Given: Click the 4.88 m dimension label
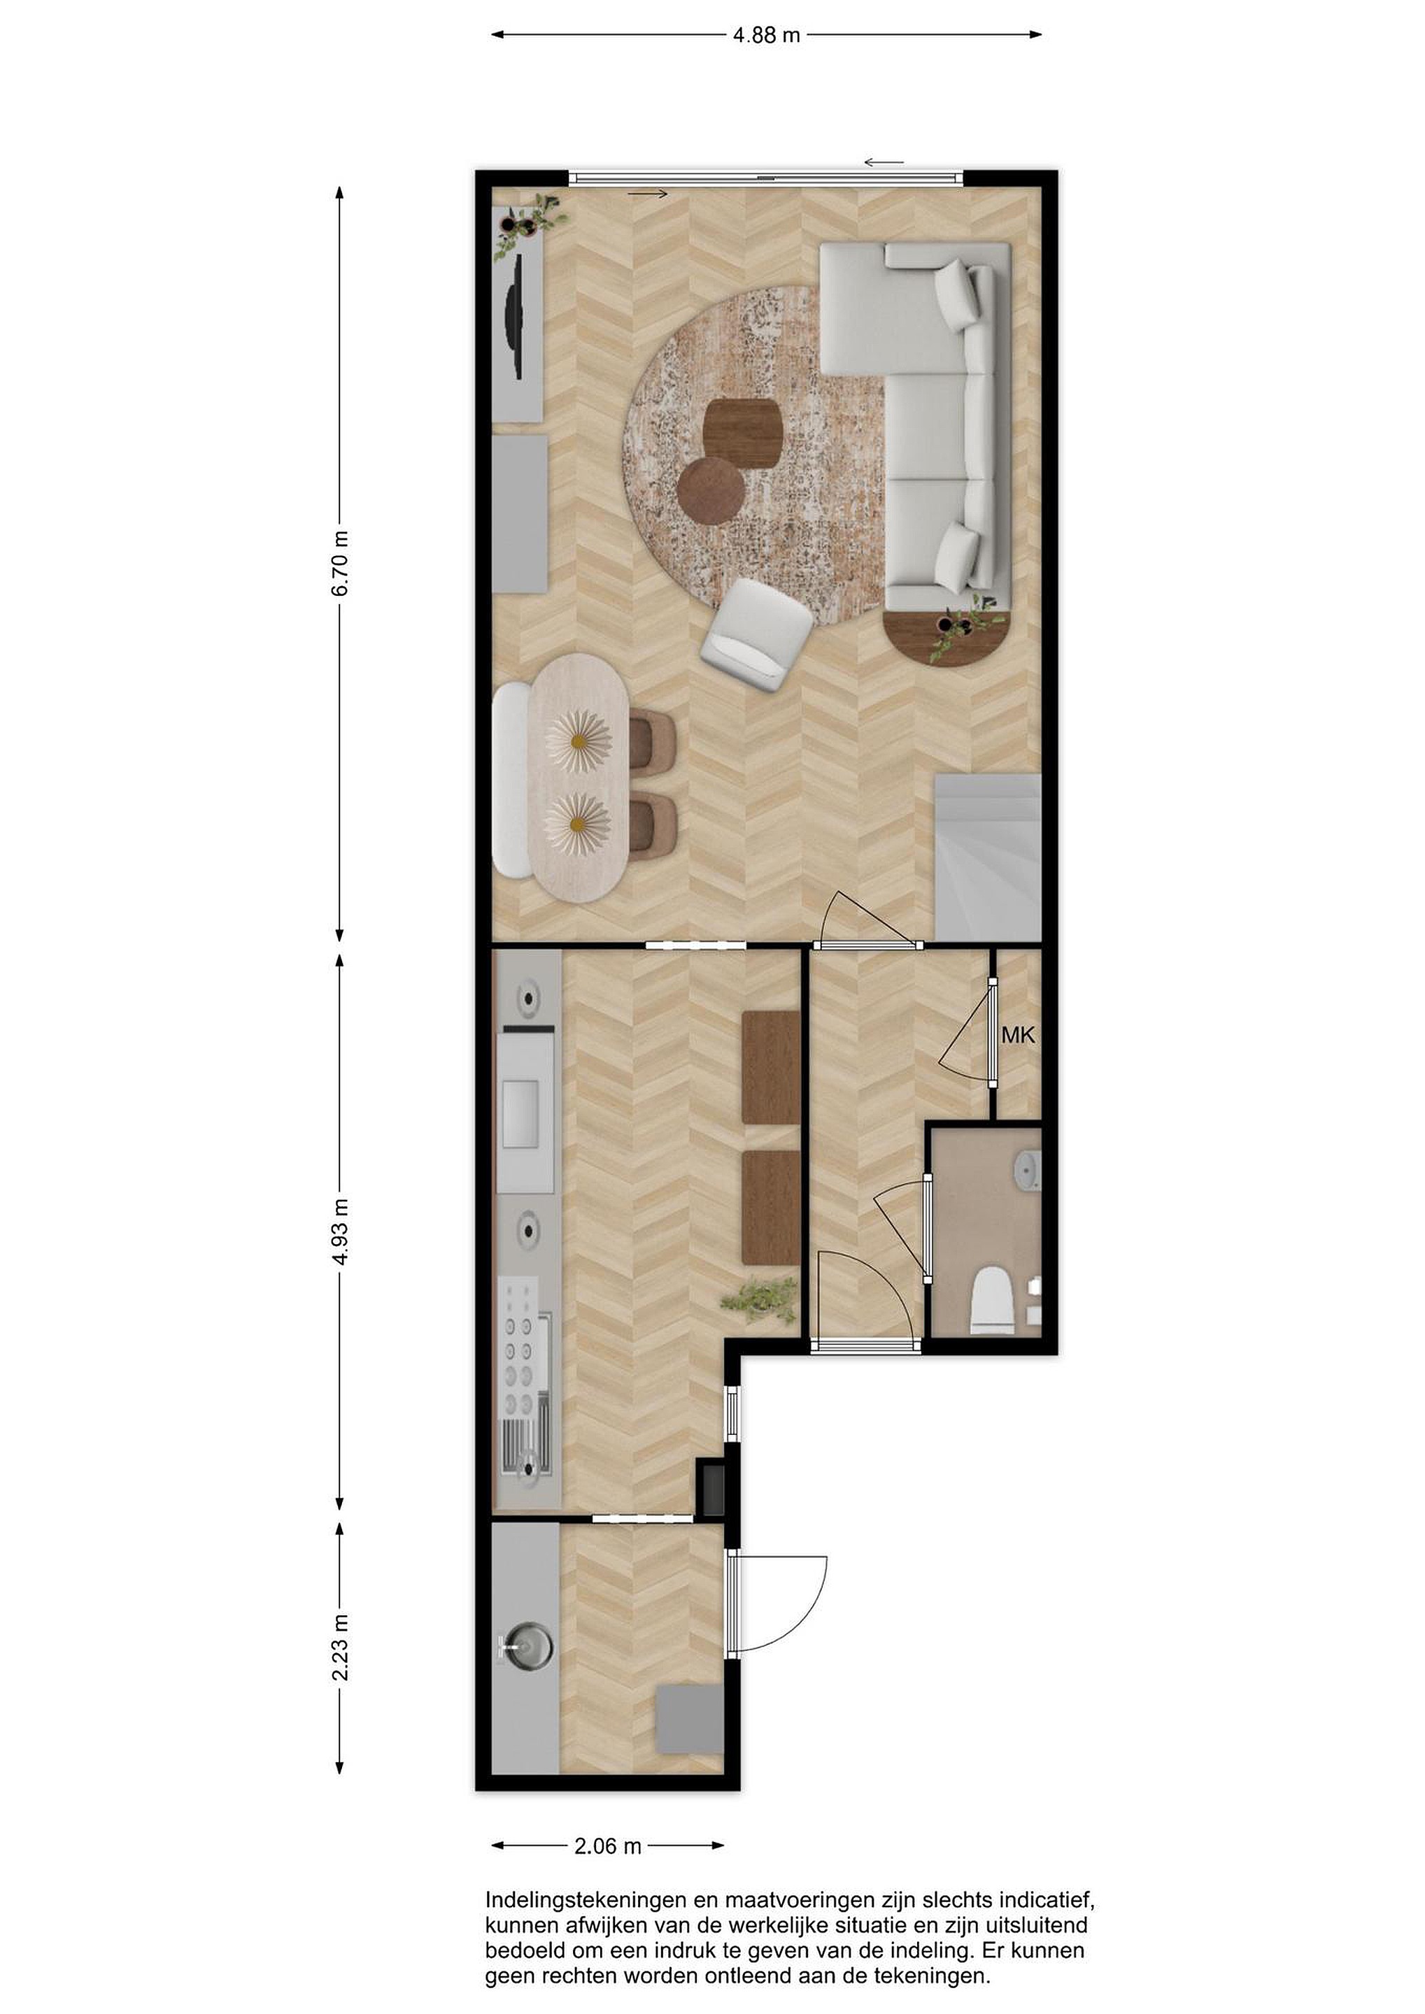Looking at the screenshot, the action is point(766,36).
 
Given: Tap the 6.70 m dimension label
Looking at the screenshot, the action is point(341,563).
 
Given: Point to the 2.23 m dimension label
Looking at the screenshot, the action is point(341,1648).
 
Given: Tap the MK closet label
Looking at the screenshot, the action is point(1018,1035).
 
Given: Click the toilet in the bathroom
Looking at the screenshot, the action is point(993,1299).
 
